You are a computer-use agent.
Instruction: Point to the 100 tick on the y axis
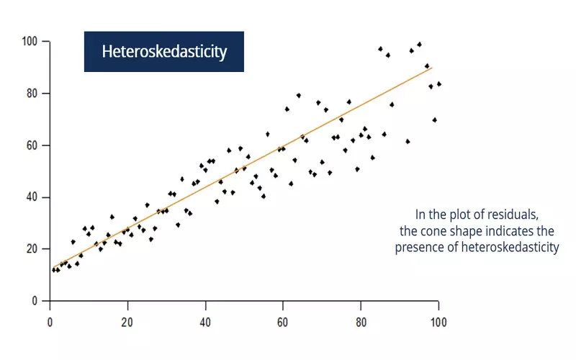pos(30,41)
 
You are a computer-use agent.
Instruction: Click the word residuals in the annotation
pos(517,215)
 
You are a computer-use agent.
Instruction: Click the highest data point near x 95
pos(420,44)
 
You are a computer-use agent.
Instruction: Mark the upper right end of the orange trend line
pos(431,67)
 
